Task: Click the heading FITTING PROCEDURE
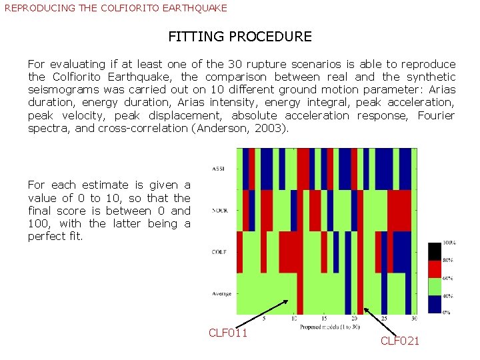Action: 240,37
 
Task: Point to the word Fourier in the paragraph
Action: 436,115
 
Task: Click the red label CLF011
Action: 228,333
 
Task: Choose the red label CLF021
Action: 400,341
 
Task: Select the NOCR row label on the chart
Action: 219,210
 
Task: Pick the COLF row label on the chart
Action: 218,251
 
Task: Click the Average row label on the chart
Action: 221,293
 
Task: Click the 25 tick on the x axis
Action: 383,319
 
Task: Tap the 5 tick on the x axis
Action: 265,319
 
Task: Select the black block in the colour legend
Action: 435,251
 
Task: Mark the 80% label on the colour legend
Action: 449,260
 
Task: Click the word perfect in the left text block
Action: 47,236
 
